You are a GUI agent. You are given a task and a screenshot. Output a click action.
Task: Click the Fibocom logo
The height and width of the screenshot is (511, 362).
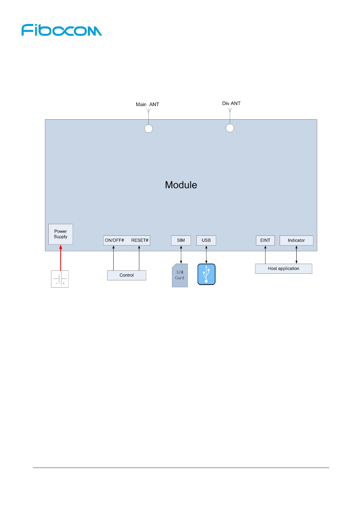(62, 30)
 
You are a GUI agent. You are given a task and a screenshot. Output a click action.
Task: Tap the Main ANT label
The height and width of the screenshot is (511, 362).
(147, 104)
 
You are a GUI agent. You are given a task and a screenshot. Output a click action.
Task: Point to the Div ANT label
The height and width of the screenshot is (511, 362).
(231, 103)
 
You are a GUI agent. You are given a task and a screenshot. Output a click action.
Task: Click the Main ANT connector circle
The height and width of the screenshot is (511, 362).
(148, 129)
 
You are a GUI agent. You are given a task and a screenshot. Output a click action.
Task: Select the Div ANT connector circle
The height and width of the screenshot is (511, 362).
(230, 128)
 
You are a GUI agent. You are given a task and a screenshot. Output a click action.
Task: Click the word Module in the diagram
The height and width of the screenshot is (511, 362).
(181, 185)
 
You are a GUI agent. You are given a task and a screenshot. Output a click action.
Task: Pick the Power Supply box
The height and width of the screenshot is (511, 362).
(60, 234)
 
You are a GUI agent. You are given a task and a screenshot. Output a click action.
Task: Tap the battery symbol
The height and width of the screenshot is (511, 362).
(60, 279)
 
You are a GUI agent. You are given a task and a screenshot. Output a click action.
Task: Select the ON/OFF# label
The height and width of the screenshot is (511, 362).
(115, 240)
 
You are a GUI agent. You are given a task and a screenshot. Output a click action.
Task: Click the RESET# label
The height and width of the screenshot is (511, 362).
(140, 240)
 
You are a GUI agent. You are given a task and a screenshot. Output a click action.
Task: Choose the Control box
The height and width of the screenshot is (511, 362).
(126, 275)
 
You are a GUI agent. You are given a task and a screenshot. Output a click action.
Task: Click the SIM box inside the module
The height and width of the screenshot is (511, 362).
(181, 240)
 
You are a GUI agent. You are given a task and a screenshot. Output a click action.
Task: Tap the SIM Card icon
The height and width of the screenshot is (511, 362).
(180, 275)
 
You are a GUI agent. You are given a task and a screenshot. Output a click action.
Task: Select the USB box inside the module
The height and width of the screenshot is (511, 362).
(206, 240)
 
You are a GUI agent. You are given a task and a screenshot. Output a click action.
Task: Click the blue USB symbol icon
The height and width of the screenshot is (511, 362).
(206, 274)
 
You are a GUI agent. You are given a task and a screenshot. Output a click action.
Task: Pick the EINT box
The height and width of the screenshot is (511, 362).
(265, 240)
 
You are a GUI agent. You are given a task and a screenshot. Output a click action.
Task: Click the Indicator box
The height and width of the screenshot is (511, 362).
(296, 240)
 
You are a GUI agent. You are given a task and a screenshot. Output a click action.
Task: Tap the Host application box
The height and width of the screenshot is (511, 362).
(284, 269)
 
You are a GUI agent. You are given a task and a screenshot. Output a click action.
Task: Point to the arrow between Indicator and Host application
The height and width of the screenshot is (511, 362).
(296, 255)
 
